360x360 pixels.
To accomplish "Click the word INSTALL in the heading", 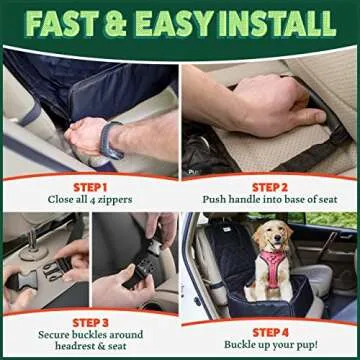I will pyautogui.click(x=283, y=21).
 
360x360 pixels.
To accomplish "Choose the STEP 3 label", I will pyautogui.click(x=89, y=321).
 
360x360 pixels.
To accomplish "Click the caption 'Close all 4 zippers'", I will pyautogui.click(x=89, y=200).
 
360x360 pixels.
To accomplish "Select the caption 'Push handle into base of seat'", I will pyautogui.click(x=271, y=200).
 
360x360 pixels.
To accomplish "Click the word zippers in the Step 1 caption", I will pyautogui.click(x=124, y=200).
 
